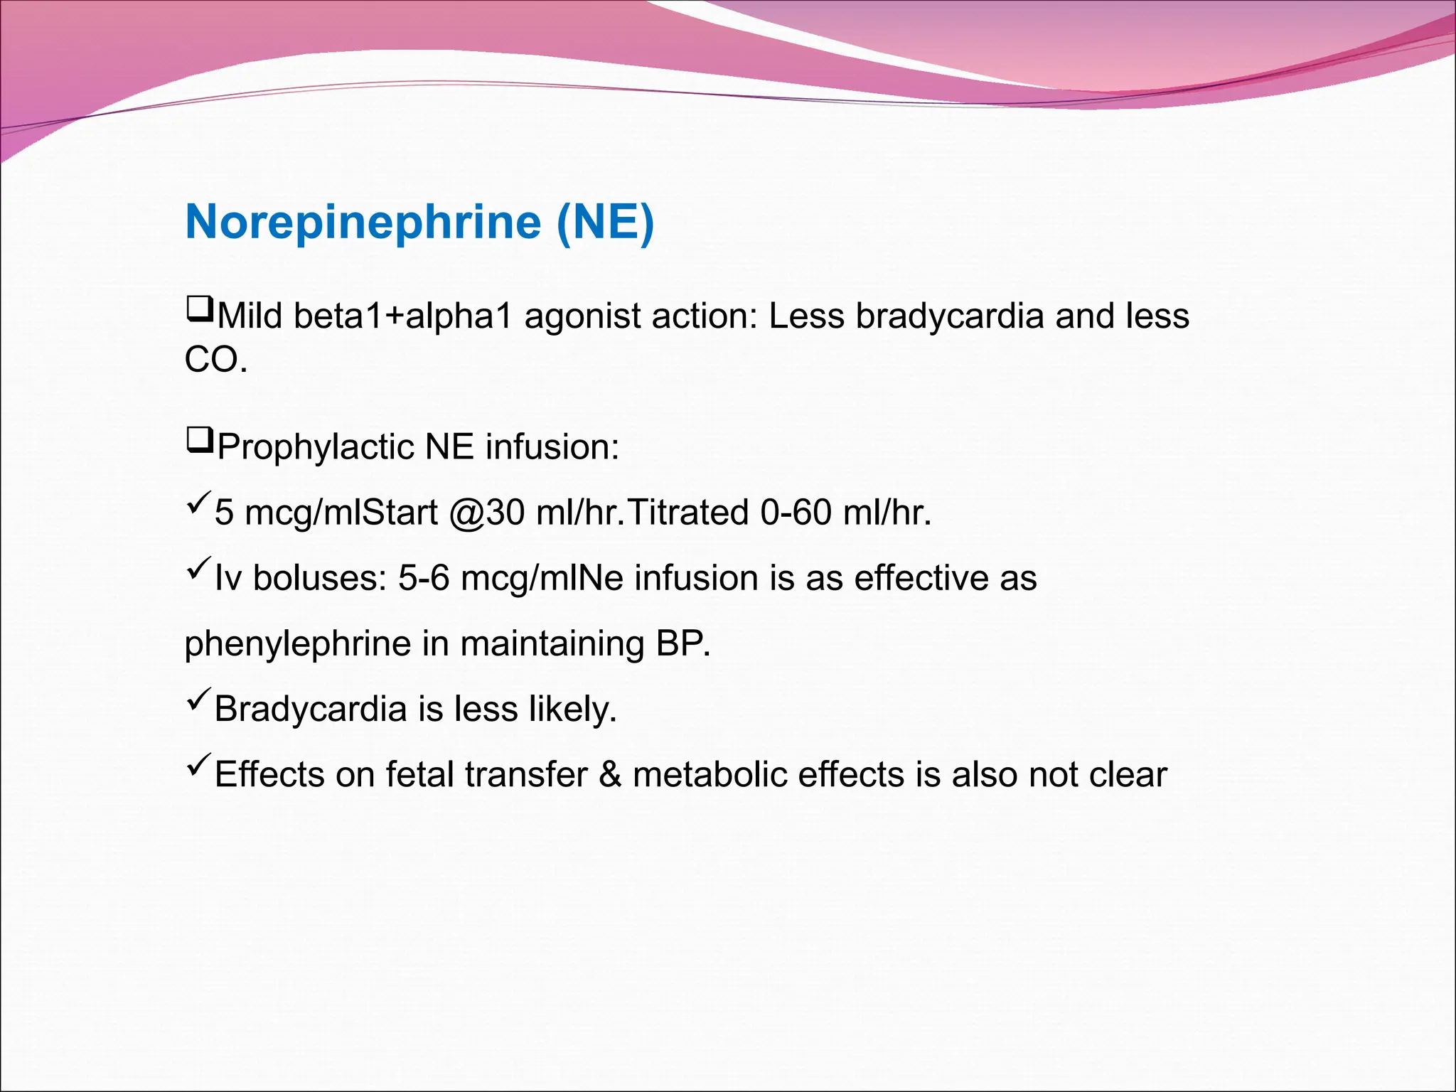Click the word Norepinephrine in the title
pyautogui.click(x=363, y=223)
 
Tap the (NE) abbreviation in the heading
pyautogui.click(x=605, y=223)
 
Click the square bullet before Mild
pyautogui.click(x=199, y=311)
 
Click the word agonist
pyautogui.click(x=583, y=316)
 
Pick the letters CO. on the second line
pyautogui.click(x=216, y=360)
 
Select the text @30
pyautogui.click(x=487, y=513)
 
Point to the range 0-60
pyautogui.click(x=796, y=513)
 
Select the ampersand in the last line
pyautogui.click(x=610, y=775)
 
